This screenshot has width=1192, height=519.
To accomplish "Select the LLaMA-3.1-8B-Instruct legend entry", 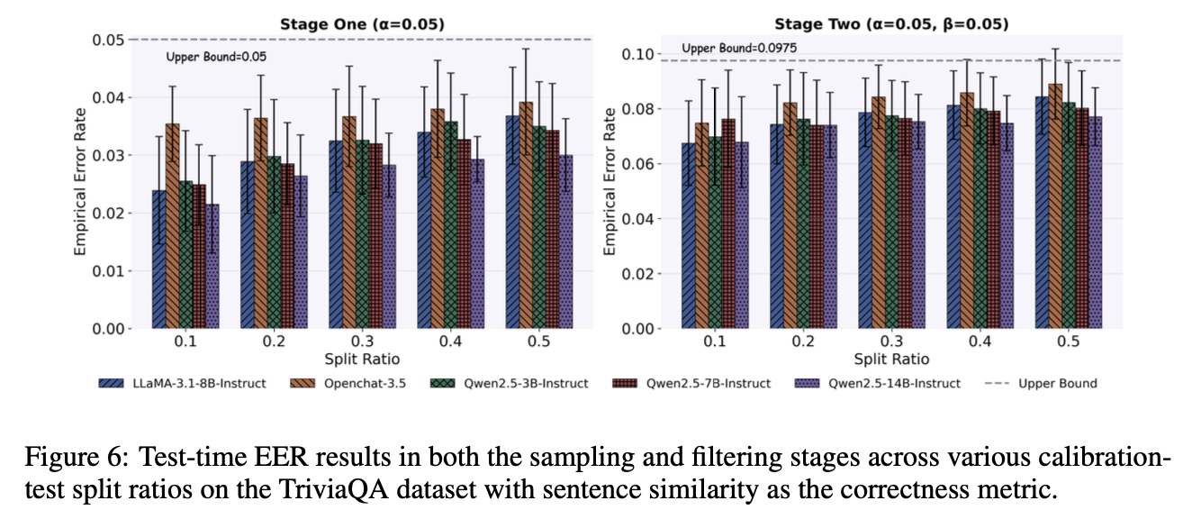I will click(x=182, y=383).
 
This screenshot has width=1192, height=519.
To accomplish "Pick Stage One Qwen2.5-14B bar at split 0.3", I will click(x=389, y=247).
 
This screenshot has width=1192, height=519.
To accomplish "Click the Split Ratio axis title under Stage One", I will click(x=359, y=359).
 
